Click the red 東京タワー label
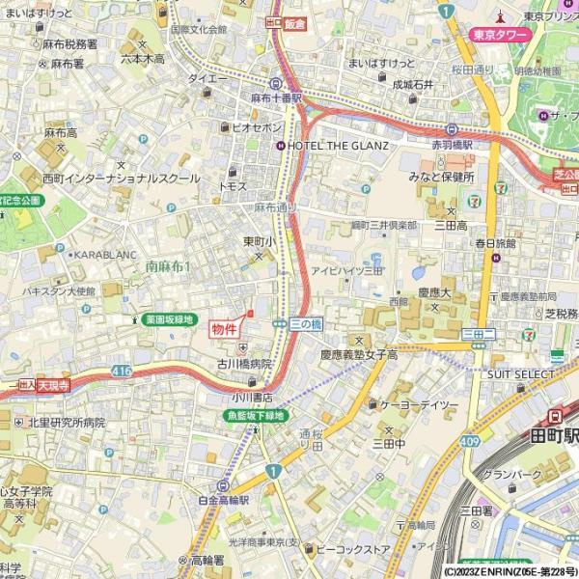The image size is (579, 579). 501,36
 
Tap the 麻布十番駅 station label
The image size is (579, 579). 276,98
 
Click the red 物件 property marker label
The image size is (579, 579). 224,329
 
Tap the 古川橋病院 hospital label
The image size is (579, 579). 244,365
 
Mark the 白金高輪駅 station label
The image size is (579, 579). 223,502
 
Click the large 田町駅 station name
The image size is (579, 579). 554,436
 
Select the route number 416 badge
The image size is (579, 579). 121,371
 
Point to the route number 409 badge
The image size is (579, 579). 470,441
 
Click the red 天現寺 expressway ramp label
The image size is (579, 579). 55,384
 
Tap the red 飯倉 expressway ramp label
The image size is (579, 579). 294,22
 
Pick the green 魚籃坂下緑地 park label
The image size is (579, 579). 255,416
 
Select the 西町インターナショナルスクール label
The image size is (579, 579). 121,179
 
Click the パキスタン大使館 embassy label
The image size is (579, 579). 59,290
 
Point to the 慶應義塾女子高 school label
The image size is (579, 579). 359,355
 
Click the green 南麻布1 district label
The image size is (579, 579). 168,265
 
